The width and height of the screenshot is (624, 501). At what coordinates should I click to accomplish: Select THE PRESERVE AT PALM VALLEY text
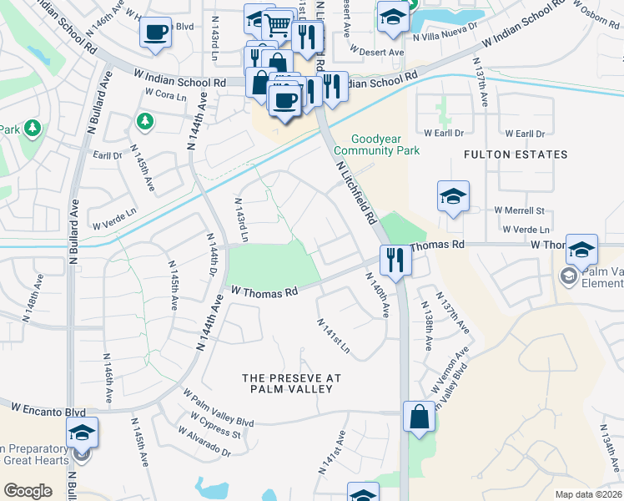click(292, 384)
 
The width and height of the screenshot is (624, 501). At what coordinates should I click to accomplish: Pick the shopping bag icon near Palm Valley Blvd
click(419, 417)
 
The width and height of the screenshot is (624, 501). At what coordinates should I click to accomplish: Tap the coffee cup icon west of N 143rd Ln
click(155, 33)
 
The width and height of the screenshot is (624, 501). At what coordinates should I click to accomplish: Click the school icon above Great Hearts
click(82, 433)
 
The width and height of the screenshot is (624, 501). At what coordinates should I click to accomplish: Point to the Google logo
click(28, 491)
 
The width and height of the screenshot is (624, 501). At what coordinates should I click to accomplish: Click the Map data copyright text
click(587, 494)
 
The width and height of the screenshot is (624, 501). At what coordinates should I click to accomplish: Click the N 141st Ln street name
click(333, 335)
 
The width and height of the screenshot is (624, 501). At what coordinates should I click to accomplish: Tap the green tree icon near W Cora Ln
click(145, 122)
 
